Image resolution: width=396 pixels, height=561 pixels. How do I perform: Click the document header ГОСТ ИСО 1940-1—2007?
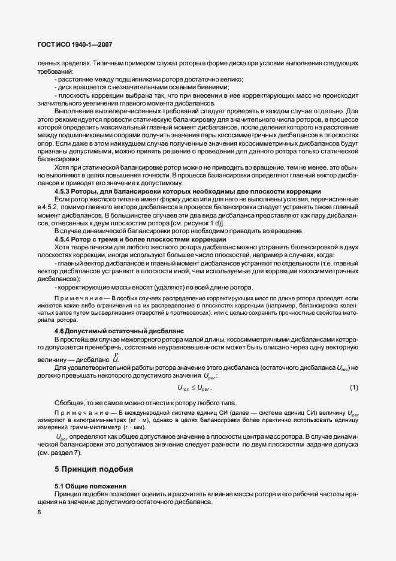tap(70, 45)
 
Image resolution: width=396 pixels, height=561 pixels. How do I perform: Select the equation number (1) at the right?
tap(353, 388)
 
